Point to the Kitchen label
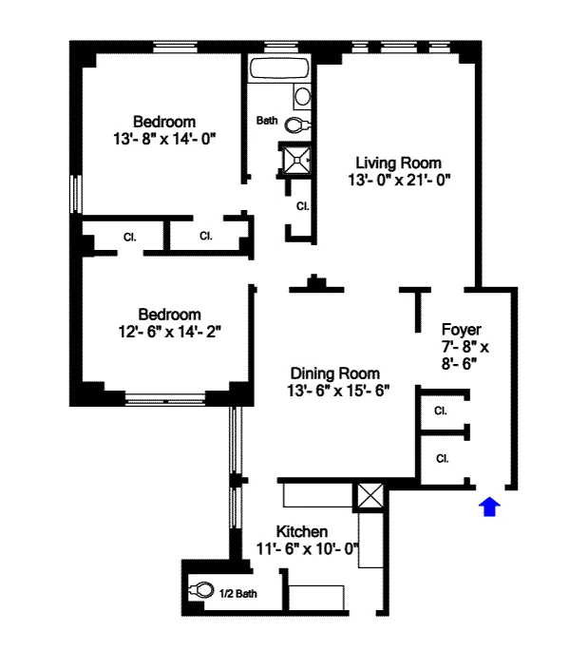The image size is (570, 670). (302, 531)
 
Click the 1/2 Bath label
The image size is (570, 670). (237, 594)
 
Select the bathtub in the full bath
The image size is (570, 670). (279, 70)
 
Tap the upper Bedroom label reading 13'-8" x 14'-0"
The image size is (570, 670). (164, 138)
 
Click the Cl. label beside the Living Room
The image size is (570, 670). (302, 206)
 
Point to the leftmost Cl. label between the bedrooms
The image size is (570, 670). (128, 237)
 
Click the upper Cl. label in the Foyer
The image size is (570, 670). (441, 412)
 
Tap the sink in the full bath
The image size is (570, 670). (302, 96)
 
